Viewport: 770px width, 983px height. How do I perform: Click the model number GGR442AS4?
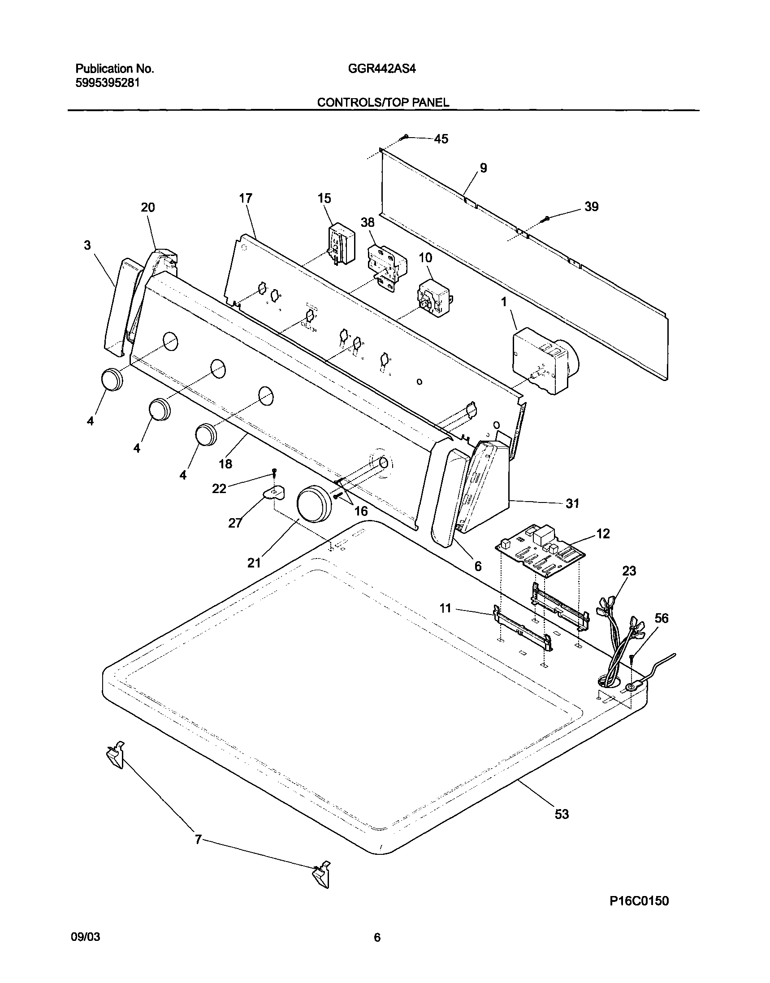(381, 69)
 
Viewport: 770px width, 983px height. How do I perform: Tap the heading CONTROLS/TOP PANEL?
(383, 103)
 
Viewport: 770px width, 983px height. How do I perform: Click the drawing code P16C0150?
(639, 901)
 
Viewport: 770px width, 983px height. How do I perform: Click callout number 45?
(441, 139)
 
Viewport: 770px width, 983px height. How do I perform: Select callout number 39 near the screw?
(592, 207)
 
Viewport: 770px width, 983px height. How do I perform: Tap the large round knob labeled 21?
(315, 504)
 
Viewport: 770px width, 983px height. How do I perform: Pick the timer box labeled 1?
(543, 360)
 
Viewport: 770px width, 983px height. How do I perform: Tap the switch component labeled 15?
(342, 245)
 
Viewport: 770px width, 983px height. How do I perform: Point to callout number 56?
(662, 618)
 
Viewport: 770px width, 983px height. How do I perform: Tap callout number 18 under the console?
(225, 463)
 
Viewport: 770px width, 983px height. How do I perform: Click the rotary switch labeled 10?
(434, 297)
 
